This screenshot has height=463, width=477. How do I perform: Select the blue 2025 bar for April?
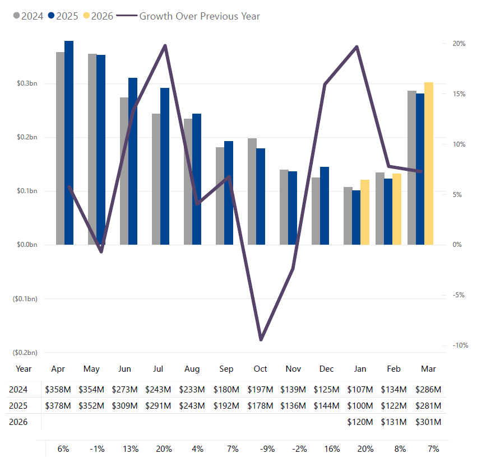pos(69,143)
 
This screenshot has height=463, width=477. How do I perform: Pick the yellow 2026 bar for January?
pos(364,212)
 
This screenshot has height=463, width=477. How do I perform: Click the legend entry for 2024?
pos(28,16)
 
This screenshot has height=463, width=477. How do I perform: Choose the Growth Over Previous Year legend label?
pos(199,16)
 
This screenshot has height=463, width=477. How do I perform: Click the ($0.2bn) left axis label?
pos(25,352)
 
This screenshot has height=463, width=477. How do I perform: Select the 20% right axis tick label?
pos(459,44)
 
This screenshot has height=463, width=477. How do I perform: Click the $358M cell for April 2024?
pos(58,389)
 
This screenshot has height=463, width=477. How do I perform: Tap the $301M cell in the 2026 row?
pos(428,422)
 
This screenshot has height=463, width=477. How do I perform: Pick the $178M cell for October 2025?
pos(260,405)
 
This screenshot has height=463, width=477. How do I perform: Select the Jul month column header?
pos(158,369)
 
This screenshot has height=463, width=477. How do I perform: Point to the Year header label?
pos(24,369)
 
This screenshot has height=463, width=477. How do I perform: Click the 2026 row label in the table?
pos(18,422)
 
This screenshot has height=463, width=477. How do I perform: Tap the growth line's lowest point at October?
pos(261,340)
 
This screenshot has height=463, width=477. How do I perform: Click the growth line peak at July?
pos(165,45)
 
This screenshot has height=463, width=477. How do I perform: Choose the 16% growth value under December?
pos(327,448)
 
